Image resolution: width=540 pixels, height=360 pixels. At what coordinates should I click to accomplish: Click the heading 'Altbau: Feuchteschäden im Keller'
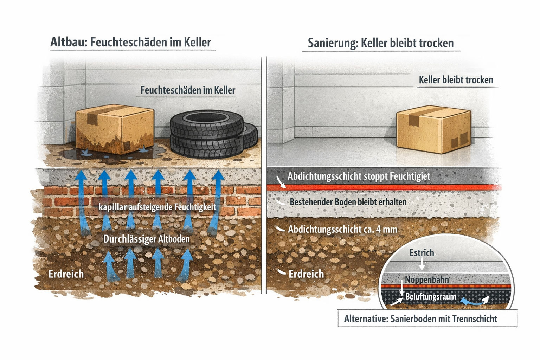pyautogui.click(x=130, y=43)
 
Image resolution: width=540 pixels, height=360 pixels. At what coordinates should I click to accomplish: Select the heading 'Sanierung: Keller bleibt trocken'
pyautogui.click(x=381, y=43)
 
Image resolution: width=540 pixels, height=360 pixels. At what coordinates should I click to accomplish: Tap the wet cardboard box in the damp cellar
pyautogui.click(x=115, y=129)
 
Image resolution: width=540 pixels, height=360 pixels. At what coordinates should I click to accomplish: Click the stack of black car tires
pyautogui.click(x=214, y=134)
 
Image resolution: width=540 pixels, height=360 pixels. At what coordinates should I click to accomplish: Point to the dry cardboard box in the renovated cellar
pyautogui.click(x=433, y=129)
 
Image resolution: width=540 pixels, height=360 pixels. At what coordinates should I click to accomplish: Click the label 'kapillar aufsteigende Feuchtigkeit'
pyautogui.click(x=157, y=207)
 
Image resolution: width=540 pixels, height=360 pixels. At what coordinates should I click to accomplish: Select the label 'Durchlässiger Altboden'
pyautogui.click(x=146, y=239)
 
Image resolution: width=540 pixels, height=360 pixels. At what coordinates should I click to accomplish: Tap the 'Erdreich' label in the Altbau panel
pyautogui.click(x=66, y=274)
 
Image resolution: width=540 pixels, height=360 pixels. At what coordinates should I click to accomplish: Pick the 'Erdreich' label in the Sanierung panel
pyautogui.click(x=306, y=274)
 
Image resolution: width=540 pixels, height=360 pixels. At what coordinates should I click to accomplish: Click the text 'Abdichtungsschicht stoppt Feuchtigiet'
pyautogui.click(x=359, y=176)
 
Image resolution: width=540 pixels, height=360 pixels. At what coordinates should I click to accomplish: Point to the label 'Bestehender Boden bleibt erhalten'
pyautogui.click(x=348, y=202)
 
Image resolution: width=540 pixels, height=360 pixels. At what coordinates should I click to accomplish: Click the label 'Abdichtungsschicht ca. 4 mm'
pyautogui.click(x=342, y=229)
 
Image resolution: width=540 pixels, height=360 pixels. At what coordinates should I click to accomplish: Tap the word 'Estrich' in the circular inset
pyautogui.click(x=422, y=253)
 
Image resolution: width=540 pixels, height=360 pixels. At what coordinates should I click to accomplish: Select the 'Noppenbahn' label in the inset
pyautogui.click(x=427, y=280)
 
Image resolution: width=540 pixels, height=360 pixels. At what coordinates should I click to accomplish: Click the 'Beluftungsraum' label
pyautogui.click(x=431, y=296)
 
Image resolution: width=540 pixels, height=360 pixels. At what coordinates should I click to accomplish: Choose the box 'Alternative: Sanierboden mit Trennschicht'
pyautogui.click(x=427, y=319)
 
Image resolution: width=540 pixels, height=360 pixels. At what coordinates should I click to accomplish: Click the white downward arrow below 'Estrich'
pyautogui.click(x=422, y=264)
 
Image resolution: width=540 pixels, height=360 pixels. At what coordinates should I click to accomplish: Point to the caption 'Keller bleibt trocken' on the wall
pyautogui.click(x=456, y=80)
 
